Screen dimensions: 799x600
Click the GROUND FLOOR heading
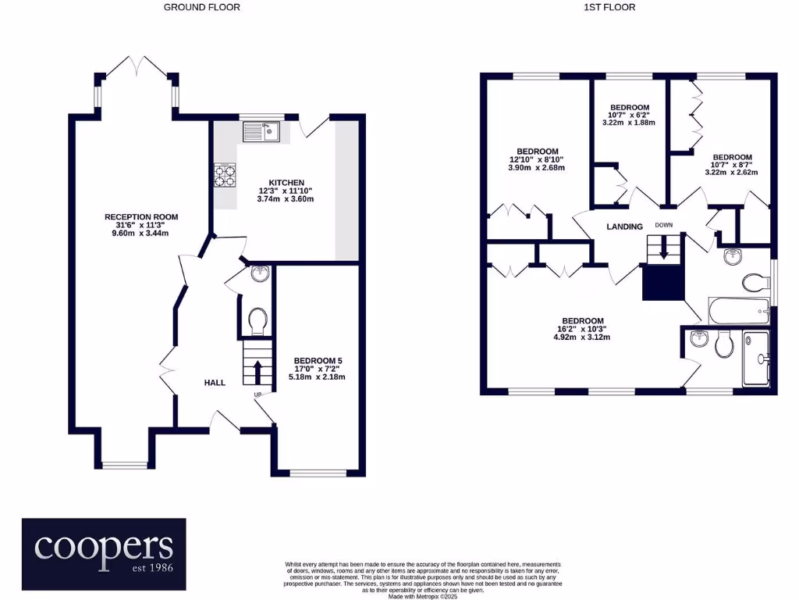coord(202,7)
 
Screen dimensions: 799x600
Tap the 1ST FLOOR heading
coord(609,7)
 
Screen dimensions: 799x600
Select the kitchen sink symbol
coord(261,131)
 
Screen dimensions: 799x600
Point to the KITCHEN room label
coord(286,183)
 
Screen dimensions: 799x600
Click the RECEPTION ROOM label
coord(141,217)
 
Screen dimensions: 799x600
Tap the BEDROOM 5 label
coord(318,361)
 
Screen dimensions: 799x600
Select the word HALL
coord(215,383)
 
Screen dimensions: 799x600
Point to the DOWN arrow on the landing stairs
coord(663,249)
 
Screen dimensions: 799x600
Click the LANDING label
coord(625,227)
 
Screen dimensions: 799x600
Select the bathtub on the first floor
coord(739,311)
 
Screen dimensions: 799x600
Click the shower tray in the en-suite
coord(756,359)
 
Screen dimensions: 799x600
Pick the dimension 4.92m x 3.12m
coord(582,337)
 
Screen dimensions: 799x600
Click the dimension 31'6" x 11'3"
coord(140,225)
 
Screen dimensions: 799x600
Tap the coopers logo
coord(104,554)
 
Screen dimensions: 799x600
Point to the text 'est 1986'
coord(152,567)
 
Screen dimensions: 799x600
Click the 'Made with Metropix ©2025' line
coord(422,596)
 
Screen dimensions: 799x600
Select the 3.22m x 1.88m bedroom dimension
coord(629,123)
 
